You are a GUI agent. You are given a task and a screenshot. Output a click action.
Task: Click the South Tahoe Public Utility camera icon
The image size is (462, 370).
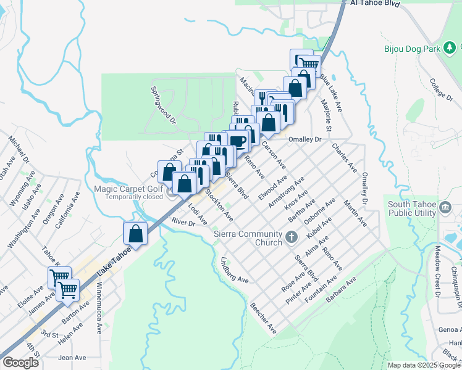pos(445,208)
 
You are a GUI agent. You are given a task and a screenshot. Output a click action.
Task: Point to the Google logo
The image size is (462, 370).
pos(20,362)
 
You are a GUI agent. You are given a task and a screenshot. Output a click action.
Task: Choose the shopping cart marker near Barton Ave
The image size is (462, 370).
pos(68,289)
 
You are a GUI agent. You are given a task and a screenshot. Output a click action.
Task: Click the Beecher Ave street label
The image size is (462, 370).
pos(263,318)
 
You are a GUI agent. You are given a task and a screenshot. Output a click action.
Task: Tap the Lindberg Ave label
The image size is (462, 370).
pos(234,271)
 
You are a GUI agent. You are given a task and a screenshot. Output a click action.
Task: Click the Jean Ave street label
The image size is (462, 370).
pos(72,358)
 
